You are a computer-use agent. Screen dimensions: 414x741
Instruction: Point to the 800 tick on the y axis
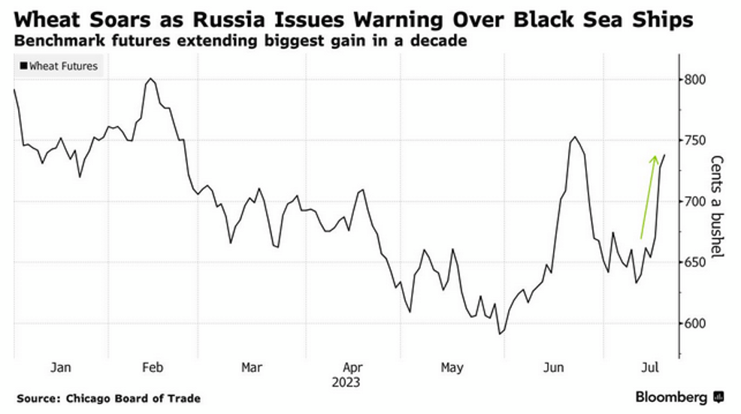tap(696, 80)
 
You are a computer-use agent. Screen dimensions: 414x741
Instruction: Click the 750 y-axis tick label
tap(696, 141)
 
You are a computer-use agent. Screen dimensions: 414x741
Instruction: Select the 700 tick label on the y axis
tap(696, 201)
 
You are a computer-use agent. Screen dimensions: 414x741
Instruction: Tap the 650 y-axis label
tap(696, 262)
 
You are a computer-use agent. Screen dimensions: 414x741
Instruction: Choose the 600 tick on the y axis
tap(696, 323)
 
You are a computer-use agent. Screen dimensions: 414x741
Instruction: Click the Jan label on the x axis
tap(60, 367)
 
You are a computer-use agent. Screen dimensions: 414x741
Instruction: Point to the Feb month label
tap(153, 367)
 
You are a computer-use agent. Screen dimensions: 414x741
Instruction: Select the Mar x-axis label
tap(252, 367)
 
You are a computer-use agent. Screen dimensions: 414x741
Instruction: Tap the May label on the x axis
tap(452, 367)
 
